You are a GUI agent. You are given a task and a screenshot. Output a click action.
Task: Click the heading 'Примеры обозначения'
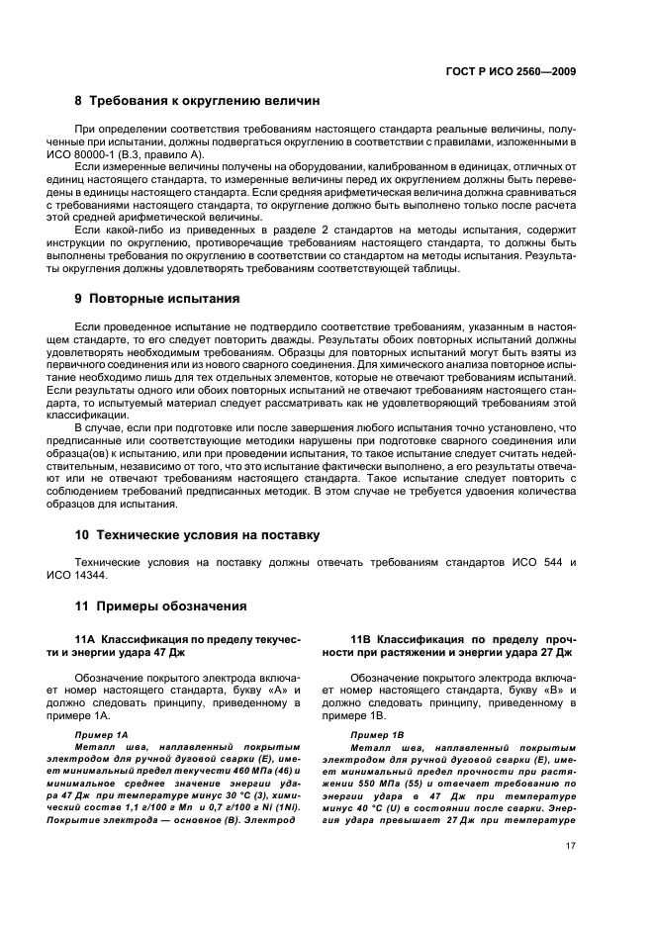pos(168,605)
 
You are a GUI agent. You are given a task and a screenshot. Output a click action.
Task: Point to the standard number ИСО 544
pos(532,562)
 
